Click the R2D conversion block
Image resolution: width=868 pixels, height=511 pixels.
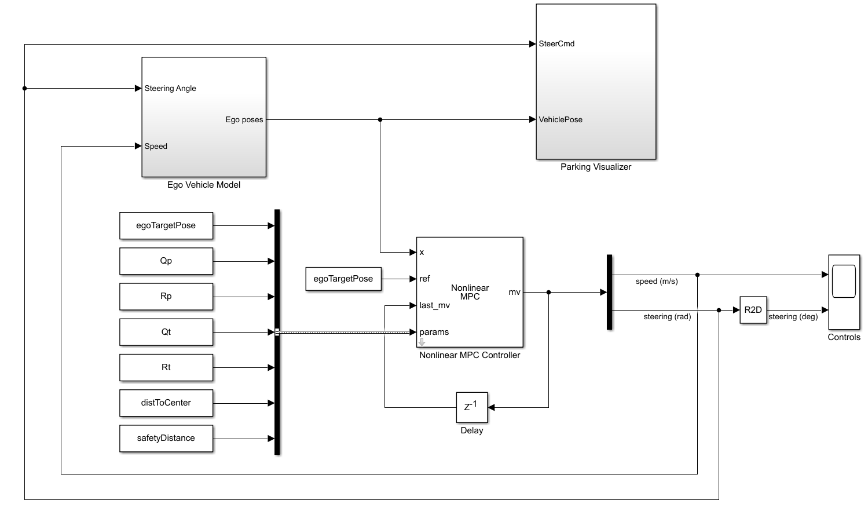(x=753, y=310)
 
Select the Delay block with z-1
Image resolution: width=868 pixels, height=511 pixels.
(x=472, y=407)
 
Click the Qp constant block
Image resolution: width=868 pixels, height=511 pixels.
(x=166, y=261)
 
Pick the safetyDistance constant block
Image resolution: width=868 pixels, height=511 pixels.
(x=166, y=438)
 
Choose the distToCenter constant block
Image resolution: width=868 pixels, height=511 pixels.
(x=166, y=403)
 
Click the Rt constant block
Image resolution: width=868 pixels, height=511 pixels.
(x=166, y=367)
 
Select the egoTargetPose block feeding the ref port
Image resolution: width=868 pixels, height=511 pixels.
(x=343, y=279)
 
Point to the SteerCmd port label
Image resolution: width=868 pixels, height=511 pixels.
(x=556, y=43)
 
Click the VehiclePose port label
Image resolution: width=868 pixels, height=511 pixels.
(x=561, y=119)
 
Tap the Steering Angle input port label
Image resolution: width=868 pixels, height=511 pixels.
(x=170, y=88)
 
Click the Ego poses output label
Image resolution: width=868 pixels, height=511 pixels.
(x=244, y=120)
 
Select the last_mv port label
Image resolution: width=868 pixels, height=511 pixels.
(x=434, y=305)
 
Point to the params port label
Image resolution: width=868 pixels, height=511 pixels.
(x=434, y=332)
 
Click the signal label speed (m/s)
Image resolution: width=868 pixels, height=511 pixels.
(x=657, y=282)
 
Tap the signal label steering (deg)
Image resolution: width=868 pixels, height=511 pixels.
(x=793, y=317)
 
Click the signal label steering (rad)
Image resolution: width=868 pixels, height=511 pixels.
(x=667, y=317)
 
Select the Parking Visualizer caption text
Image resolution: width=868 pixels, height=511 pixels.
(x=596, y=167)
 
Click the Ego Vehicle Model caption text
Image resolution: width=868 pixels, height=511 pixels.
(x=204, y=185)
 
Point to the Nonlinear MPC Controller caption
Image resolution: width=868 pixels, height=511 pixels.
(x=470, y=355)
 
